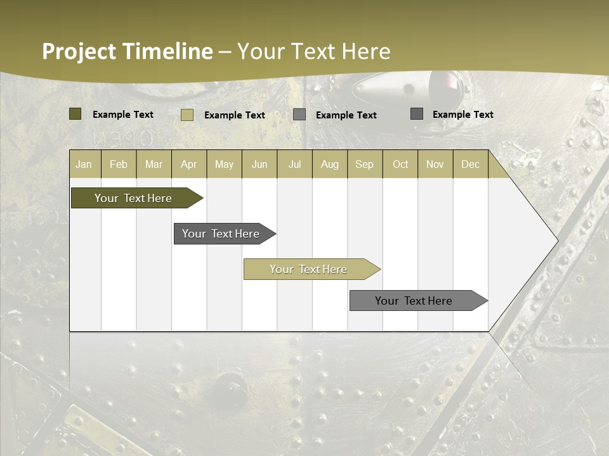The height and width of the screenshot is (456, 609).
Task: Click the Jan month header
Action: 84,164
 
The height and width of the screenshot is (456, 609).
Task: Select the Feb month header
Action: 119,164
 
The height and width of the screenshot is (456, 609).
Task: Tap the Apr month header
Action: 188,164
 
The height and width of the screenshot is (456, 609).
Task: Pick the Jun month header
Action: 259,164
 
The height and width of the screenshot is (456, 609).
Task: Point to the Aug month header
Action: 329,164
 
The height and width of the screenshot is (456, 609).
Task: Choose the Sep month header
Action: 364,164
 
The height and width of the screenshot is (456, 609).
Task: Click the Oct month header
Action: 400,164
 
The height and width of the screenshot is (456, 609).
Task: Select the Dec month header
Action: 470,164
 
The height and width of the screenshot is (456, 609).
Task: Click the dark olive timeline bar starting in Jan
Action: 133,198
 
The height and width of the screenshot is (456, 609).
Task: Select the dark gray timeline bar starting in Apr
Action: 221,234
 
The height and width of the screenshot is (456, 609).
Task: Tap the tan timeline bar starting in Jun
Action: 308,269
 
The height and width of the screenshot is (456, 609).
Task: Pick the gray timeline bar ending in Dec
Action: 414,301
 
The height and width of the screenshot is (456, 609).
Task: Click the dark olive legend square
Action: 75,114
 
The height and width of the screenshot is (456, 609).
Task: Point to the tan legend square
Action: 187,115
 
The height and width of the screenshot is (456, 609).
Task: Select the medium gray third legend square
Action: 299,115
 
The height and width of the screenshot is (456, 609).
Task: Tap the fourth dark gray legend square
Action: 417,114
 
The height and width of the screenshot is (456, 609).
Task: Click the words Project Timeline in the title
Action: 127,51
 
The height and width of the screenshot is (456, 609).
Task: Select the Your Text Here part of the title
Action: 313,51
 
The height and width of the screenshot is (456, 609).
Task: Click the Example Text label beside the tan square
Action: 234,115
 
